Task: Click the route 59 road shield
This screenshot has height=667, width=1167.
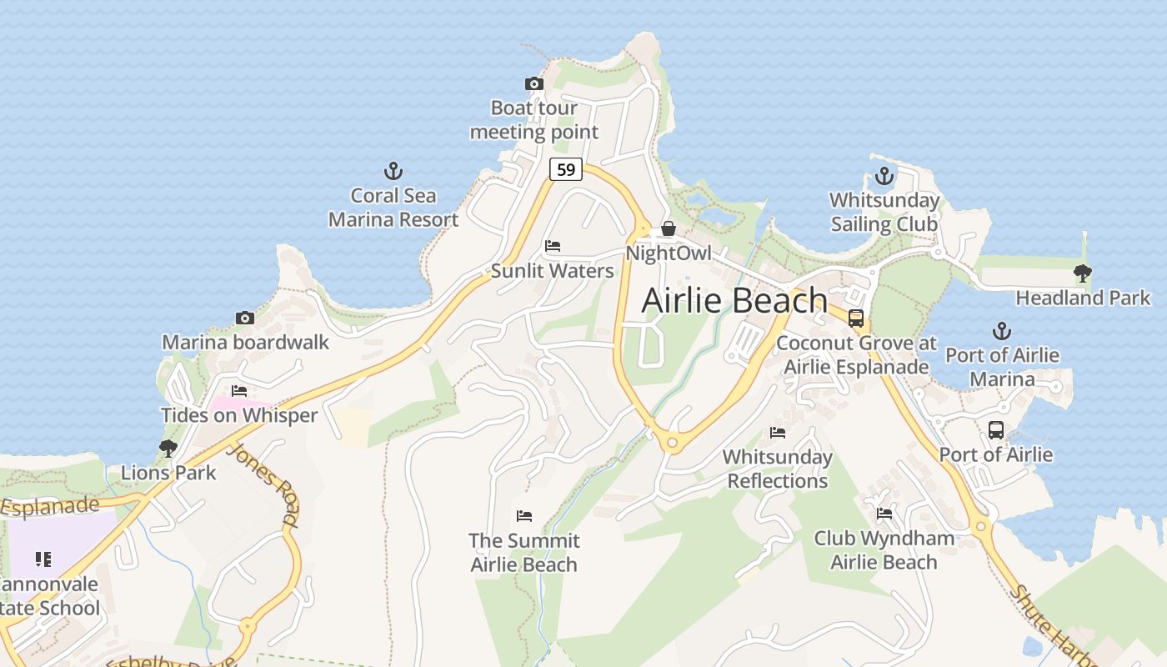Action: tap(565, 169)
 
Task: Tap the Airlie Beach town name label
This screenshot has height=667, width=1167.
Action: tap(734, 300)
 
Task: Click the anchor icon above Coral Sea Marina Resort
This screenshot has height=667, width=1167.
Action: tap(393, 172)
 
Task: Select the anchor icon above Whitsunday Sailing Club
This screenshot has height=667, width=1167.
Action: tap(884, 177)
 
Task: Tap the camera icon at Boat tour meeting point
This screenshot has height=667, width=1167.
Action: tap(534, 83)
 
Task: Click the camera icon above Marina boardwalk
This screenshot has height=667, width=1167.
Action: tap(244, 318)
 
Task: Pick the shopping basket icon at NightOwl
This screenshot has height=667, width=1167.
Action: tap(668, 228)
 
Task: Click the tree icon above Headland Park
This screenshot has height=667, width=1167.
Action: tap(1082, 273)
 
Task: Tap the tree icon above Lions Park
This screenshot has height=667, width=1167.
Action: tap(168, 449)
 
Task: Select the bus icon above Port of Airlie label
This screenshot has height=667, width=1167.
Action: tap(995, 430)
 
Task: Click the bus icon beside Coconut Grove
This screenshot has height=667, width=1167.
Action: tap(855, 318)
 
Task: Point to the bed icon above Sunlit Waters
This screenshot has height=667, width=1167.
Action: tap(552, 246)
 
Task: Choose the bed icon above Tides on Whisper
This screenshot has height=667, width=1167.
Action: tap(239, 390)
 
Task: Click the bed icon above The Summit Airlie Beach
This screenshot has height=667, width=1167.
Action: tap(523, 516)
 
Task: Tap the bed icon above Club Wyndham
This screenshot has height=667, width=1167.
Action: tap(884, 514)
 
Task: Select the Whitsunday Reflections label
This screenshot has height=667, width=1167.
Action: tap(777, 469)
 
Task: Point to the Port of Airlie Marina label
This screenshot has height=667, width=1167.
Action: tap(1002, 367)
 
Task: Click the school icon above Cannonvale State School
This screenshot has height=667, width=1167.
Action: tap(43, 559)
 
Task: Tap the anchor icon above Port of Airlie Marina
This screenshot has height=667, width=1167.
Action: tap(1001, 331)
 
